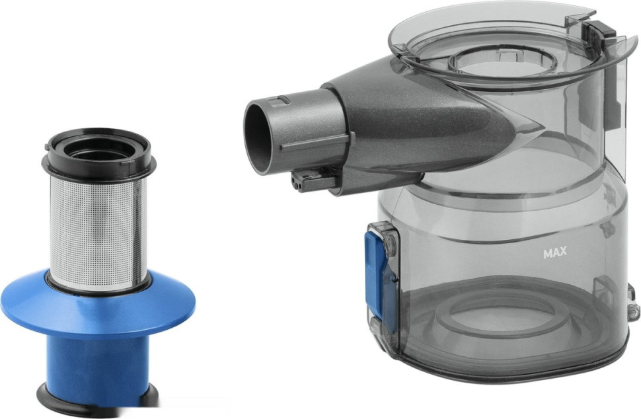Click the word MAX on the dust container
pos(554,253)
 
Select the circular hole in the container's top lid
pos(502,63)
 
